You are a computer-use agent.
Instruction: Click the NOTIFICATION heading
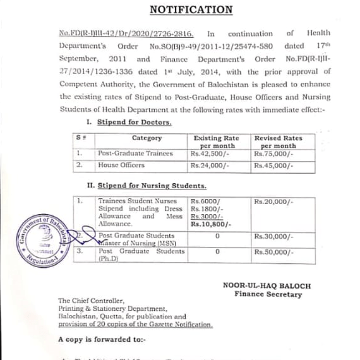pyautogui.click(x=190, y=9)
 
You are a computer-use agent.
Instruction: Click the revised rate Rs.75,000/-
pyautogui.click(x=273, y=153)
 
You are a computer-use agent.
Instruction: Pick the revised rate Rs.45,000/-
pyautogui.click(x=273, y=165)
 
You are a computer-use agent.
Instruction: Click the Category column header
pyautogui.click(x=147, y=138)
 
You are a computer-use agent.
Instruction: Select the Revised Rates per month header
pyautogui.click(x=278, y=141)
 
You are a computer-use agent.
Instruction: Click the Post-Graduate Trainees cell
pyautogui.click(x=134, y=153)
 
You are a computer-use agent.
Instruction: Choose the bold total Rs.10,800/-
pyautogui.click(x=211, y=224)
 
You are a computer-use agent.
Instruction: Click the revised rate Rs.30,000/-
pyautogui.click(x=273, y=236)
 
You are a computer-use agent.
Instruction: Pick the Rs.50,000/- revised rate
pyautogui.click(x=273, y=251)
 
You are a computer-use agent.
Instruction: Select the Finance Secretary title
pyautogui.click(x=268, y=294)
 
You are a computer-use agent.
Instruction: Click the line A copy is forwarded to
pyautogui.click(x=101, y=340)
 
